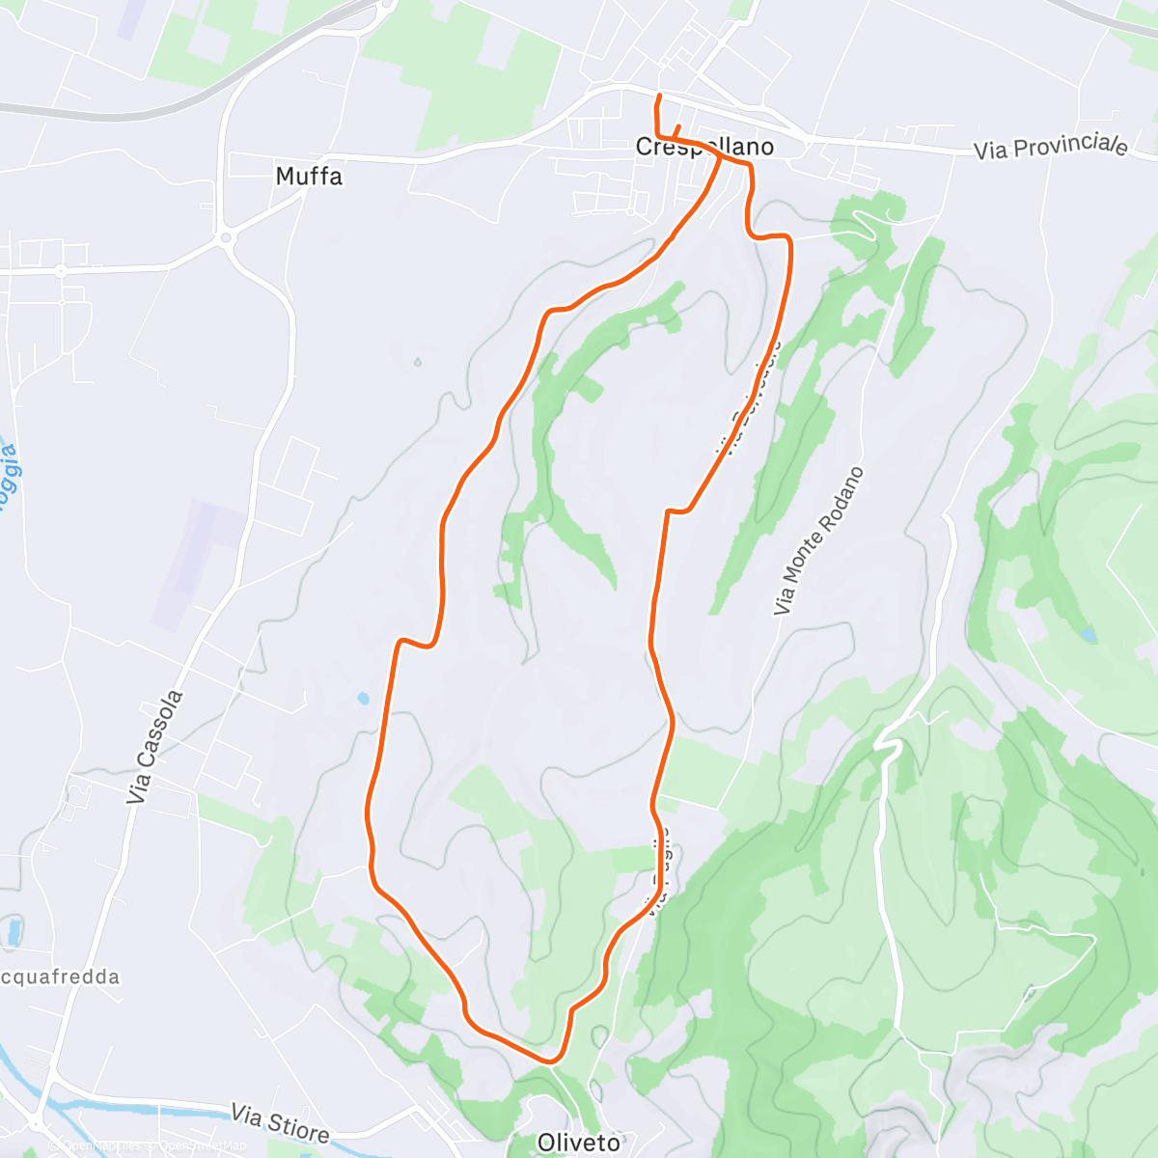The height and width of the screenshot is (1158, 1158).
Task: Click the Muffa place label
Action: tap(309, 177)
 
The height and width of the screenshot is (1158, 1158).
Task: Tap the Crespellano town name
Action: tap(704, 147)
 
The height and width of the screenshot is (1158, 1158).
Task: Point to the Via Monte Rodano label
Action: tap(818, 541)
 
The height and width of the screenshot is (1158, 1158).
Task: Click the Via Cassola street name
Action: tap(153, 747)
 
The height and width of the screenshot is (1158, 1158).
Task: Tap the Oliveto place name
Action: tap(578, 1143)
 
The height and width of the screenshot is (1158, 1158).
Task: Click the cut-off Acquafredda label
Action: tap(61, 977)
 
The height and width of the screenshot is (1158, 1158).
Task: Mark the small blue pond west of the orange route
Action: tap(363, 698)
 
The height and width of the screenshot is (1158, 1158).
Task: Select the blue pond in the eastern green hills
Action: tap(1089, 636)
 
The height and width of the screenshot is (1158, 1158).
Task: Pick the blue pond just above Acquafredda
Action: tap(14, 932)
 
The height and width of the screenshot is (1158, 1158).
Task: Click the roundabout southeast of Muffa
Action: tap(226, 236)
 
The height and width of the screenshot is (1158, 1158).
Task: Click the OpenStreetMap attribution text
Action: tap(154, 1146)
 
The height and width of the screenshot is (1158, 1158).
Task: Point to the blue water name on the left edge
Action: tap(9, 473)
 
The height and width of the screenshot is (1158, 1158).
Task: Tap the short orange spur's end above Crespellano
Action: tap(678, 126)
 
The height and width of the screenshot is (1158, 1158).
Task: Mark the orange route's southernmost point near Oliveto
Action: tap(551, 1061)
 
